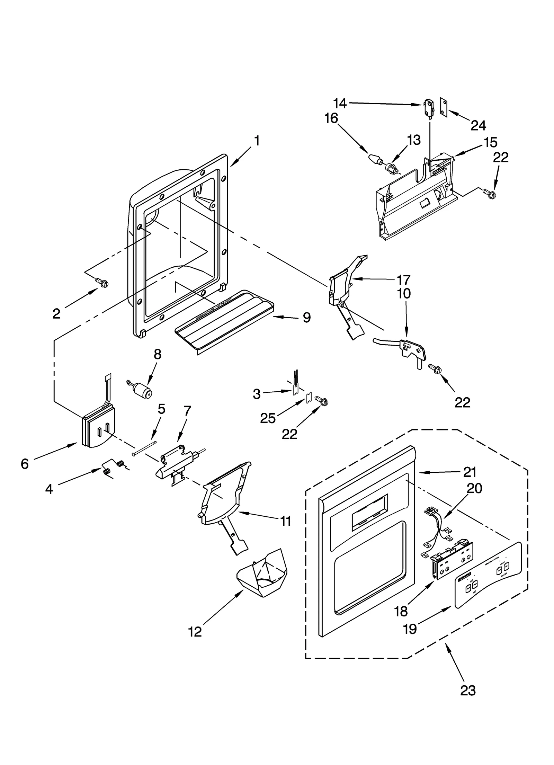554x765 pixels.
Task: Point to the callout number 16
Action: click(x=331, y=118)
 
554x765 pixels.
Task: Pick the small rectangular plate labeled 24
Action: click(x=444, y=105)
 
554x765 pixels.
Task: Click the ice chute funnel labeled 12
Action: click(x=262, y=574)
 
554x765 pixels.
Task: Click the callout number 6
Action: click(x=25, y=464)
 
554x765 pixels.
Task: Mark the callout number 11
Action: click(x=286, y=521)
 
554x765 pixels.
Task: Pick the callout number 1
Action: click(x=257, y=141)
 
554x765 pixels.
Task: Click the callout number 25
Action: click(x=268, y=418)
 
